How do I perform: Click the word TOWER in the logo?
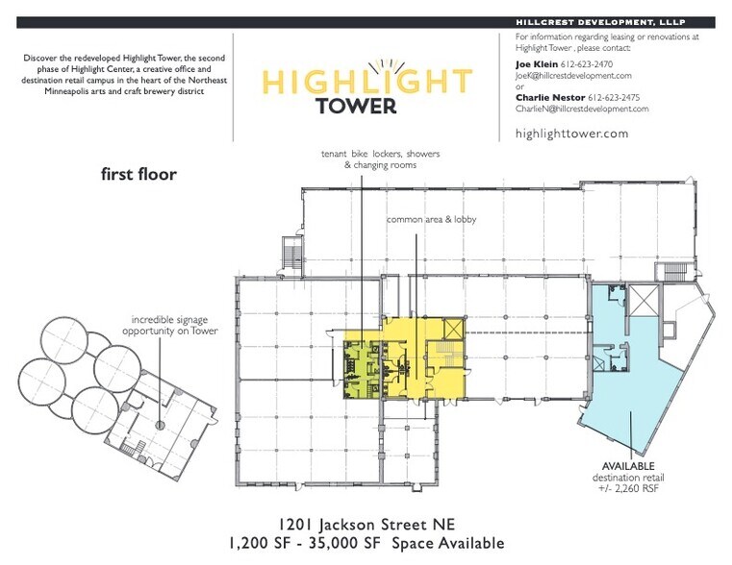tap(355, 106)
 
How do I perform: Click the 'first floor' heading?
tap(139, 175)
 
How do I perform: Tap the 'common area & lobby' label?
tap(431, 220)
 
